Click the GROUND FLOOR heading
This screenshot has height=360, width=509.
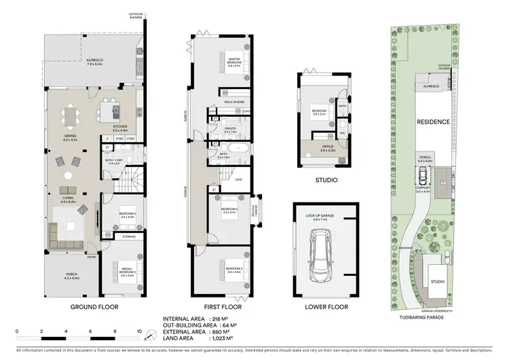(x=94, y=306)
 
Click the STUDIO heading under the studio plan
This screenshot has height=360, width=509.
(x=320, y=181)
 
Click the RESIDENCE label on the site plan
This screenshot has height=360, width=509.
(x=432, y=122)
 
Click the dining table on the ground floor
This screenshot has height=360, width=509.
(x=71, y=116)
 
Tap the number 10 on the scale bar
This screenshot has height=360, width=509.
(x=139, y=332)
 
